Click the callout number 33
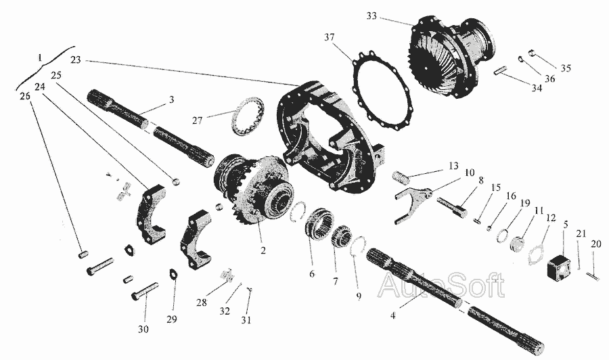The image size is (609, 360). point(371,16)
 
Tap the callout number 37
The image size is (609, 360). point(330,37)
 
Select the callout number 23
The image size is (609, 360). point(76,60)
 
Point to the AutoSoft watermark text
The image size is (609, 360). point(442,286)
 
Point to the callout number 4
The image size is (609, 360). point(393,315)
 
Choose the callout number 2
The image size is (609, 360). point(263,250)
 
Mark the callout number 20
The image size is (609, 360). point(595,244)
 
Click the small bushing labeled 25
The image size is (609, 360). point(177,181)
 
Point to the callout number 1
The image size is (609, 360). point(40,58)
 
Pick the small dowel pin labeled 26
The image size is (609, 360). point(83,254)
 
